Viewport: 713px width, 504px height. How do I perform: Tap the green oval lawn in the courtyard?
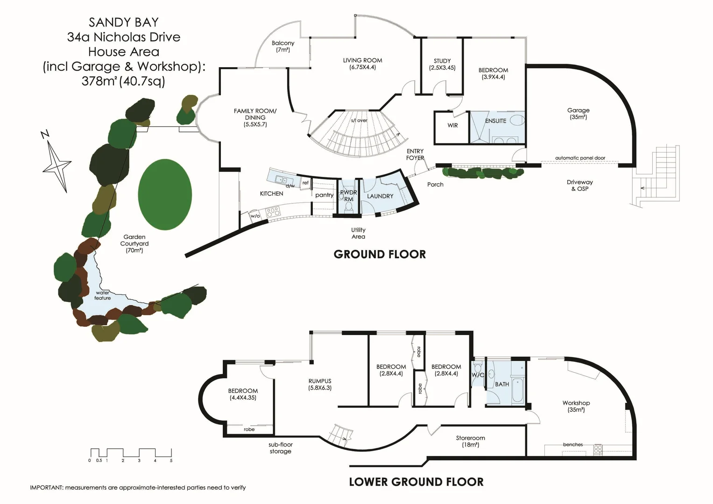coord(165,194)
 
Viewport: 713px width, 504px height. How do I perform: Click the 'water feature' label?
coord(103,295)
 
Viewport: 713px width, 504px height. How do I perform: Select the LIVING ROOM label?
coord(362,63)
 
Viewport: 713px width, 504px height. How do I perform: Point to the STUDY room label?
coord(442,64)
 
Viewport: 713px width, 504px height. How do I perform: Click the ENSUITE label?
coord(495,121)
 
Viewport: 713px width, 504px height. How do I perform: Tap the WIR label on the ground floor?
coord(452,126)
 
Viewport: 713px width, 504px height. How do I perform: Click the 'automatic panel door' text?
coord(580,158)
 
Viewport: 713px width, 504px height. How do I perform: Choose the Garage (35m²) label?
coord(578,114)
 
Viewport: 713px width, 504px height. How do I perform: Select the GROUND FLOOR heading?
coord(380,254)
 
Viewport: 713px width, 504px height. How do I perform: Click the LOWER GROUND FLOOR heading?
coord(416,482)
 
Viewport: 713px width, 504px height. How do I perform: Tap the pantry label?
coord(324,195)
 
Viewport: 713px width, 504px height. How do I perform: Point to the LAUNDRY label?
coord(380,196)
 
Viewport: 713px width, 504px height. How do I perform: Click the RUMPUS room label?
coord(320,384)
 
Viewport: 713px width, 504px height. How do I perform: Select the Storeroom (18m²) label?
coord(470,441)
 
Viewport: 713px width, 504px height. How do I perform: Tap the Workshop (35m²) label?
coord(576,406)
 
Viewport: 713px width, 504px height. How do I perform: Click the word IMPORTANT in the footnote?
coord(46,488)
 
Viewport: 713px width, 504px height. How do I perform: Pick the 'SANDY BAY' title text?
coord(124,22)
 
